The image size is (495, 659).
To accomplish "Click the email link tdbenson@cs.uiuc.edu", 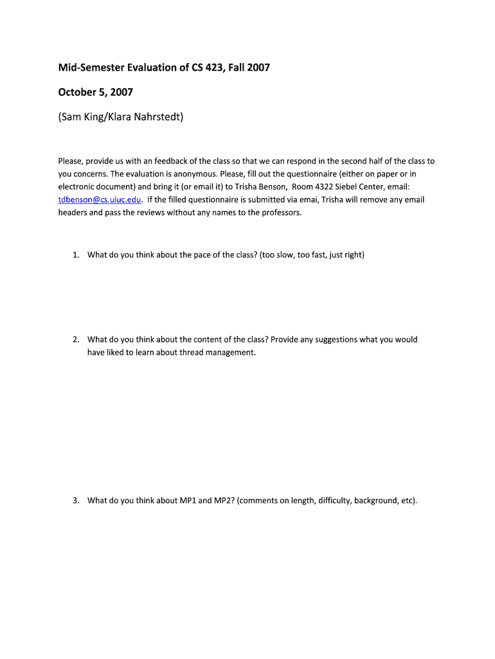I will pos(100,200).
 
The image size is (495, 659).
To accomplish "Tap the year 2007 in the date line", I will pos(122,92).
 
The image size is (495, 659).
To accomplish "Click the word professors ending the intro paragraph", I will pos(280,212).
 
